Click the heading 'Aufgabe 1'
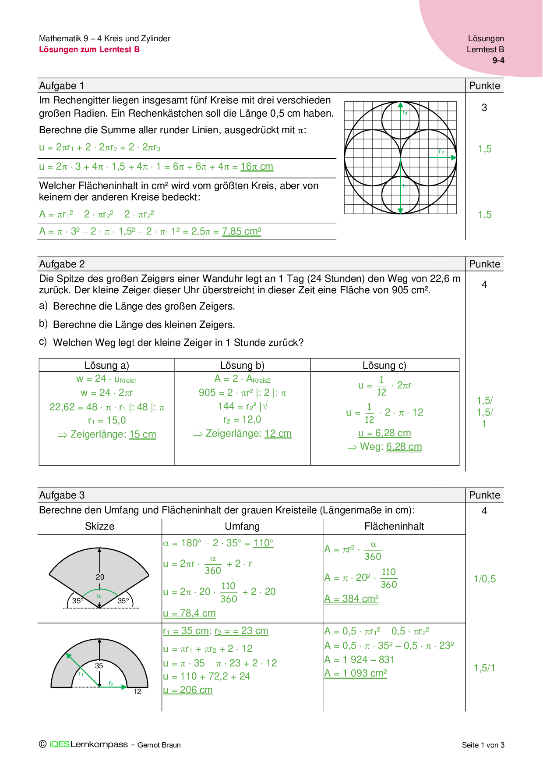coord(61,85)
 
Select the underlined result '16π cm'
coord(257,167)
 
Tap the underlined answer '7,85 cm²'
coord(241,231)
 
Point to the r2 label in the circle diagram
coord(442,152)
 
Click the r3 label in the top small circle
coord(405,113)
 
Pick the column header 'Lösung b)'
coord(242,365)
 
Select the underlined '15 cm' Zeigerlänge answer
coord(143,434)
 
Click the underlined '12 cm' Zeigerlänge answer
coord(278,434)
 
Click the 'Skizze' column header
coord(99,526)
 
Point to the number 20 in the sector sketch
coord(100,577)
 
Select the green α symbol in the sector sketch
coord(99,596)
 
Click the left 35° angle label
coord(78,601)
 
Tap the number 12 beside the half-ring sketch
coord(137,691)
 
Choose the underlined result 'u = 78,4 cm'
coord(189,613)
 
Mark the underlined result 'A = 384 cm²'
coord(351,599)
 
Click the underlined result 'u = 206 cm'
coord(188,690)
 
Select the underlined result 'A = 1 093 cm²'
coord(356,673)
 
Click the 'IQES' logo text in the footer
coord(59,744)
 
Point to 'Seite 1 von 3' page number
coord(483,745)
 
